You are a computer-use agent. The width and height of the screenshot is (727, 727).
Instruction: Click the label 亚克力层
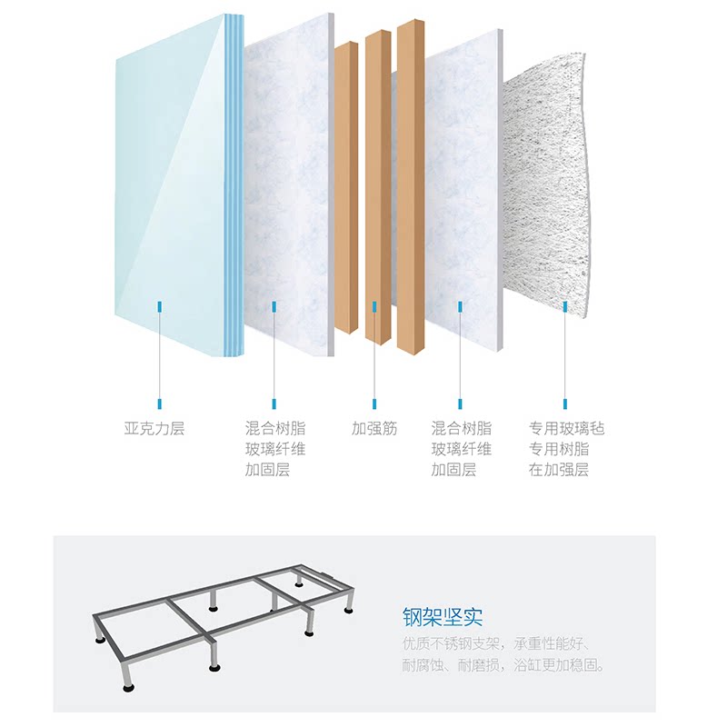click(154, 428)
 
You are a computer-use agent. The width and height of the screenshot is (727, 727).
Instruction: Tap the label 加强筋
click(374, 428)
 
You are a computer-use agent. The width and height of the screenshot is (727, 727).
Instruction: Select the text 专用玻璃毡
click(566, 428)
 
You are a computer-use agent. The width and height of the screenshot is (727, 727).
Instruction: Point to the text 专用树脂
click(559, 449)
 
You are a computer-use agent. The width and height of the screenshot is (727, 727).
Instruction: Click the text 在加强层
click(559, 470)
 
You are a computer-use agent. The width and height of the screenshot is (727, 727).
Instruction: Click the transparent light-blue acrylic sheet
click(168, 182)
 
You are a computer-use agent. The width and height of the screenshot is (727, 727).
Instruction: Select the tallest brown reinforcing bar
click(411, 182)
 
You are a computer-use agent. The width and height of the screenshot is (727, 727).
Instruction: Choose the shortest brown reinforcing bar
click(345, 182)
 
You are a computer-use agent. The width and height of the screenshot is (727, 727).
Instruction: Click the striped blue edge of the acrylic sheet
click(234, 182)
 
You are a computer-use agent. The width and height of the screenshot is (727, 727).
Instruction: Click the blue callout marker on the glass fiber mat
click(565, 308)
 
